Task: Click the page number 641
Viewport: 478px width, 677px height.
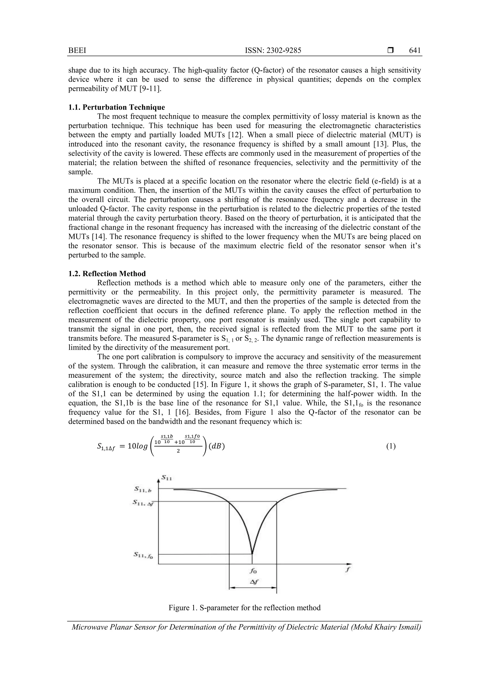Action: (x=415, y=51)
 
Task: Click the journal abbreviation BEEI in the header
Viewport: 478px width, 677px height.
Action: (x=77, y=51)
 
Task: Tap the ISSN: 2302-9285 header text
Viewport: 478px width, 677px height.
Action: (x=273, y=51)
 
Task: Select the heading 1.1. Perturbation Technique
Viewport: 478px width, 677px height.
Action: (x=117, y=107)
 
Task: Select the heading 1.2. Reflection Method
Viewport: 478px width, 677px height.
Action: (x=107, y=274)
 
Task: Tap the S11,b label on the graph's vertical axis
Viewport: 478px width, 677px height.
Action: (x=143, y=489)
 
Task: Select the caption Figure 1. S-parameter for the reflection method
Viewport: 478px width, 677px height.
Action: (x=244, y=608)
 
